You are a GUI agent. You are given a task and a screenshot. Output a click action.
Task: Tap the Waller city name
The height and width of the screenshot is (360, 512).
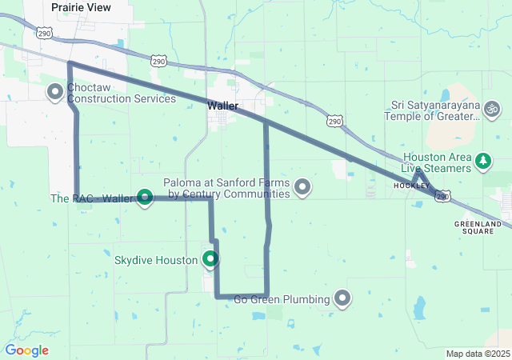[x=222, y=106]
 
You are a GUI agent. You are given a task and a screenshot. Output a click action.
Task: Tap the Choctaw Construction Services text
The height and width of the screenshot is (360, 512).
[x=121, y=93]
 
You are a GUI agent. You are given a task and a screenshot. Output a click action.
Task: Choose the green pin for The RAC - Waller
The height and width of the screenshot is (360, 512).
[x=145, y=196]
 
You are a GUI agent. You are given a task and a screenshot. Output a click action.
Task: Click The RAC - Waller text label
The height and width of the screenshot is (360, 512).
[x=91, y=198]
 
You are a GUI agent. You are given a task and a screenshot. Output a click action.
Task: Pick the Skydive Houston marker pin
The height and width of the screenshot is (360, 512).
[x=210, y=258]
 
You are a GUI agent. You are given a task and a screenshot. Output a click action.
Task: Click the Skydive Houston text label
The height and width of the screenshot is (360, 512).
[x=156, y=261]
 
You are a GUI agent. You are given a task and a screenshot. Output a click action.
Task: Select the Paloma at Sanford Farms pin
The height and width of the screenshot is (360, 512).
[x=302, y=187]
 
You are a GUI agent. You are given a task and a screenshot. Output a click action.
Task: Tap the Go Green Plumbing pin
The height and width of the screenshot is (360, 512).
[x=343, y=298]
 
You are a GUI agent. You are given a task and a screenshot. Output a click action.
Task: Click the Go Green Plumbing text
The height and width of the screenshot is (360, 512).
[x=282, y=300]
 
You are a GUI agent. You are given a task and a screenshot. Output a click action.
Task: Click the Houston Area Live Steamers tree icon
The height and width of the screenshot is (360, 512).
[x=482, y=162]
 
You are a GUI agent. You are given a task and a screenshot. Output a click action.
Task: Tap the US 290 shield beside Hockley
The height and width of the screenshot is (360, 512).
[x=443, y=196]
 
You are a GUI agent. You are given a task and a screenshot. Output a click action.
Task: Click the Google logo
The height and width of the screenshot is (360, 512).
[x=26, y=350]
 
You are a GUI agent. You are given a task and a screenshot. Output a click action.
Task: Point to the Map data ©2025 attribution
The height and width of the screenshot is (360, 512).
[x=477, y=354]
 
